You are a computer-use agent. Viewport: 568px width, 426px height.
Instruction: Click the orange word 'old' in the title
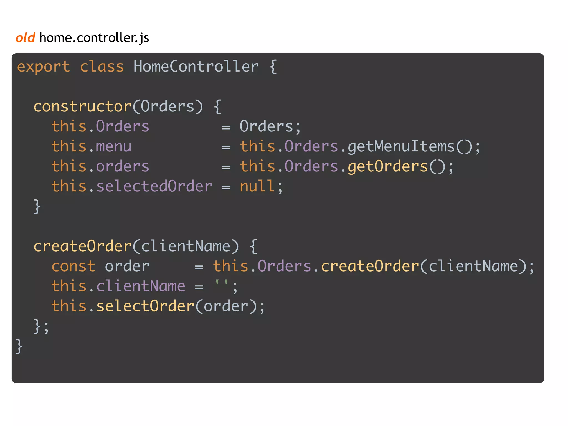pos(26,37)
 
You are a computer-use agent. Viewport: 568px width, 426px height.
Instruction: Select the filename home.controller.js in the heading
pos(94,38)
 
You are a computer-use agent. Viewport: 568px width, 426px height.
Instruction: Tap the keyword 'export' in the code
pos(44,67)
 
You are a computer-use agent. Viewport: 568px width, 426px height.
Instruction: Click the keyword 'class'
pos(102,67)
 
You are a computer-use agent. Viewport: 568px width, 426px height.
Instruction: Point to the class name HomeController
pos(196,67)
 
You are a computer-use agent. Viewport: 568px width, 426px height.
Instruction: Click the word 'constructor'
pos(82,107)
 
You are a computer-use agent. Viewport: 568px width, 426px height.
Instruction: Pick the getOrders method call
pos(387,166)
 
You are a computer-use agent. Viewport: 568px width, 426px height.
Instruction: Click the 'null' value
pos(257,186)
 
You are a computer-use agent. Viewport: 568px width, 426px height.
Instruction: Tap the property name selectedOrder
pos(154,186)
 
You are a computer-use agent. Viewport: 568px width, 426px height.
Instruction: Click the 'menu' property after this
pos(114,146)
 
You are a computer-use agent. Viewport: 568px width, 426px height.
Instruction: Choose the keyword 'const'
pos(73,266)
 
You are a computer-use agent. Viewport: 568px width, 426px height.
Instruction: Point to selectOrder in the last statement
pos(145,306)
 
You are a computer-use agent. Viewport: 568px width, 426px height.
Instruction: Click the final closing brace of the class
pos(19,346)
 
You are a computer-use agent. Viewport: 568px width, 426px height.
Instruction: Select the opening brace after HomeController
pos(273,67)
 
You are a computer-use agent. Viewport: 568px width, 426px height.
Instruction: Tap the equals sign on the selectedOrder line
pos(226,187)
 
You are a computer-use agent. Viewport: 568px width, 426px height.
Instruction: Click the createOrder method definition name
pos(82,246)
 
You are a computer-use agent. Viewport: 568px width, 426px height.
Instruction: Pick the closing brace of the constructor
pos(37,206)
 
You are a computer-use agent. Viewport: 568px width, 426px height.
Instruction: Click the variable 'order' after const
pos(127,266)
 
